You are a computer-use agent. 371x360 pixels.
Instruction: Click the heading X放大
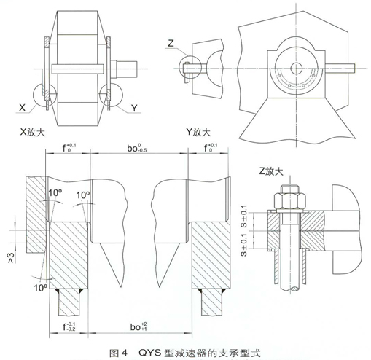[34, 133]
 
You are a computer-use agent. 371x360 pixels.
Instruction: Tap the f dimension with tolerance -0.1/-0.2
[68, 326]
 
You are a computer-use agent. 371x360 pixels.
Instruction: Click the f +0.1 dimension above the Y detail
[211, 151]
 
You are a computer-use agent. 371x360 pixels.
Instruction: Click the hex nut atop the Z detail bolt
[289, 197]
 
